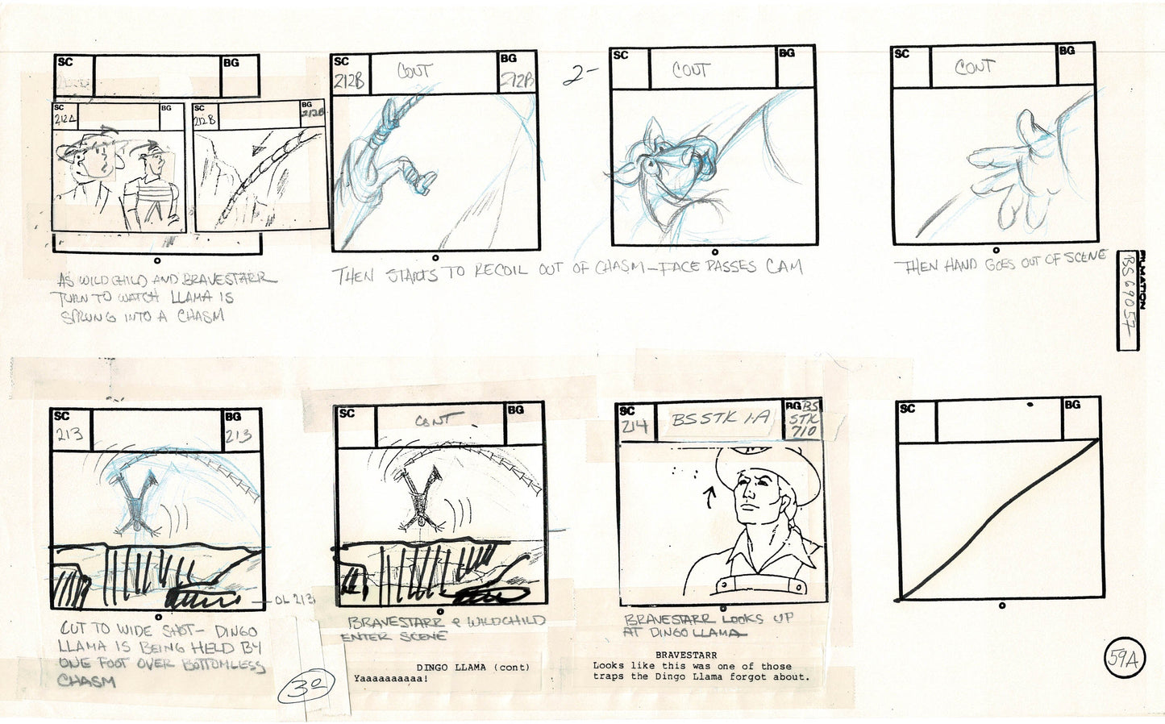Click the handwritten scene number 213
pyautogui.click(x=70, y=436)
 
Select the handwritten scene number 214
pyautogui.click(x=635, y=428)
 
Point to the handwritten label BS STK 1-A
pyautogui.click(x=720, y=419)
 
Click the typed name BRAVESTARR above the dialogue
pyautogui.click(x=686, y=655)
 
